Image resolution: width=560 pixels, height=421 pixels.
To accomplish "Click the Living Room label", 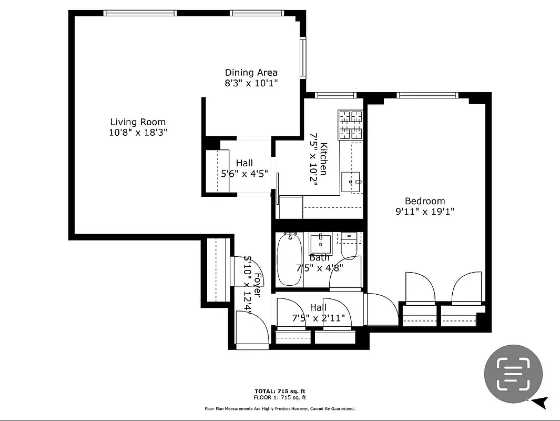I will [x=138, y=122].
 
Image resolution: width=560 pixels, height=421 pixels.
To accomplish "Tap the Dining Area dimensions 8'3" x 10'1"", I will [x=251, y=83].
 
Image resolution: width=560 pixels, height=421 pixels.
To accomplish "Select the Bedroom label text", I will [x=424, y=201].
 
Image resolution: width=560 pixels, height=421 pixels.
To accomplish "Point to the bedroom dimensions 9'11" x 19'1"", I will [x=424, y=212].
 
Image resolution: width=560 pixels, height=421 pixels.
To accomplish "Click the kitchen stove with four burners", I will [x=350, y=125].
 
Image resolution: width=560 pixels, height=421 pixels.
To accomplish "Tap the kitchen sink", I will [x=351, y=182].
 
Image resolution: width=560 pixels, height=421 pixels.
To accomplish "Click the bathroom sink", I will [x=320, y=244].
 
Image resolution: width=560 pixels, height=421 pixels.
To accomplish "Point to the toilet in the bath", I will [x=349, y=245].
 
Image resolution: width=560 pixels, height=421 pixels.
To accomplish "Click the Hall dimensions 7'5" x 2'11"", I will [x=318, y=318].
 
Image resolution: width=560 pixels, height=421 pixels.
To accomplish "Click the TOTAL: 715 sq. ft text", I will [x=279, y=391].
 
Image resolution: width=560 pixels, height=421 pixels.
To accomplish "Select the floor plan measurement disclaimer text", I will [x=279, y=408].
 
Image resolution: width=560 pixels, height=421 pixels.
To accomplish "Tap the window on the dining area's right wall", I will [x=303, y=57].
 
